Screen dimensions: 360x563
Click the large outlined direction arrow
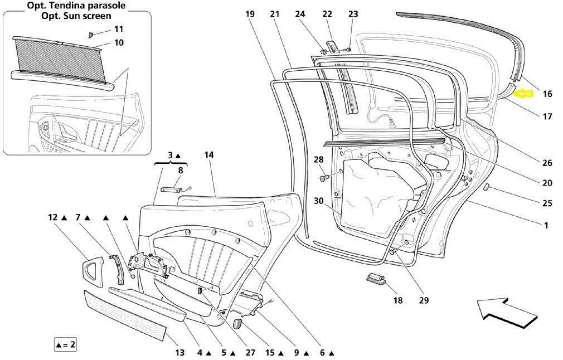[x=506, y=313]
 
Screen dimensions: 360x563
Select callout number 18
[x=397, y=300]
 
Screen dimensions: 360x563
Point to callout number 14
[x=209, y=155]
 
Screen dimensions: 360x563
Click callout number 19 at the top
[x=250, y=14]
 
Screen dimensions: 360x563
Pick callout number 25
[x=547, y=203]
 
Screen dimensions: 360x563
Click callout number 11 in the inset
[x=119, y=29]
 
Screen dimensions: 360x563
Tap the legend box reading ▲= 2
[x=65, y=344]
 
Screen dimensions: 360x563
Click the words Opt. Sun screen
[x=76, y=16]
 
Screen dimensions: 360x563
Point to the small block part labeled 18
[x=376, y=279]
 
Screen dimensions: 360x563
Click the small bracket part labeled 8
[x=172, y=189]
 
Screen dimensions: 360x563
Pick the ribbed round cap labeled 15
[x=236, y=324]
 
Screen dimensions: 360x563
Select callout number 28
[x=318, y=160]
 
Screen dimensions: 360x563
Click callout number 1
[x=546, y=226]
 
